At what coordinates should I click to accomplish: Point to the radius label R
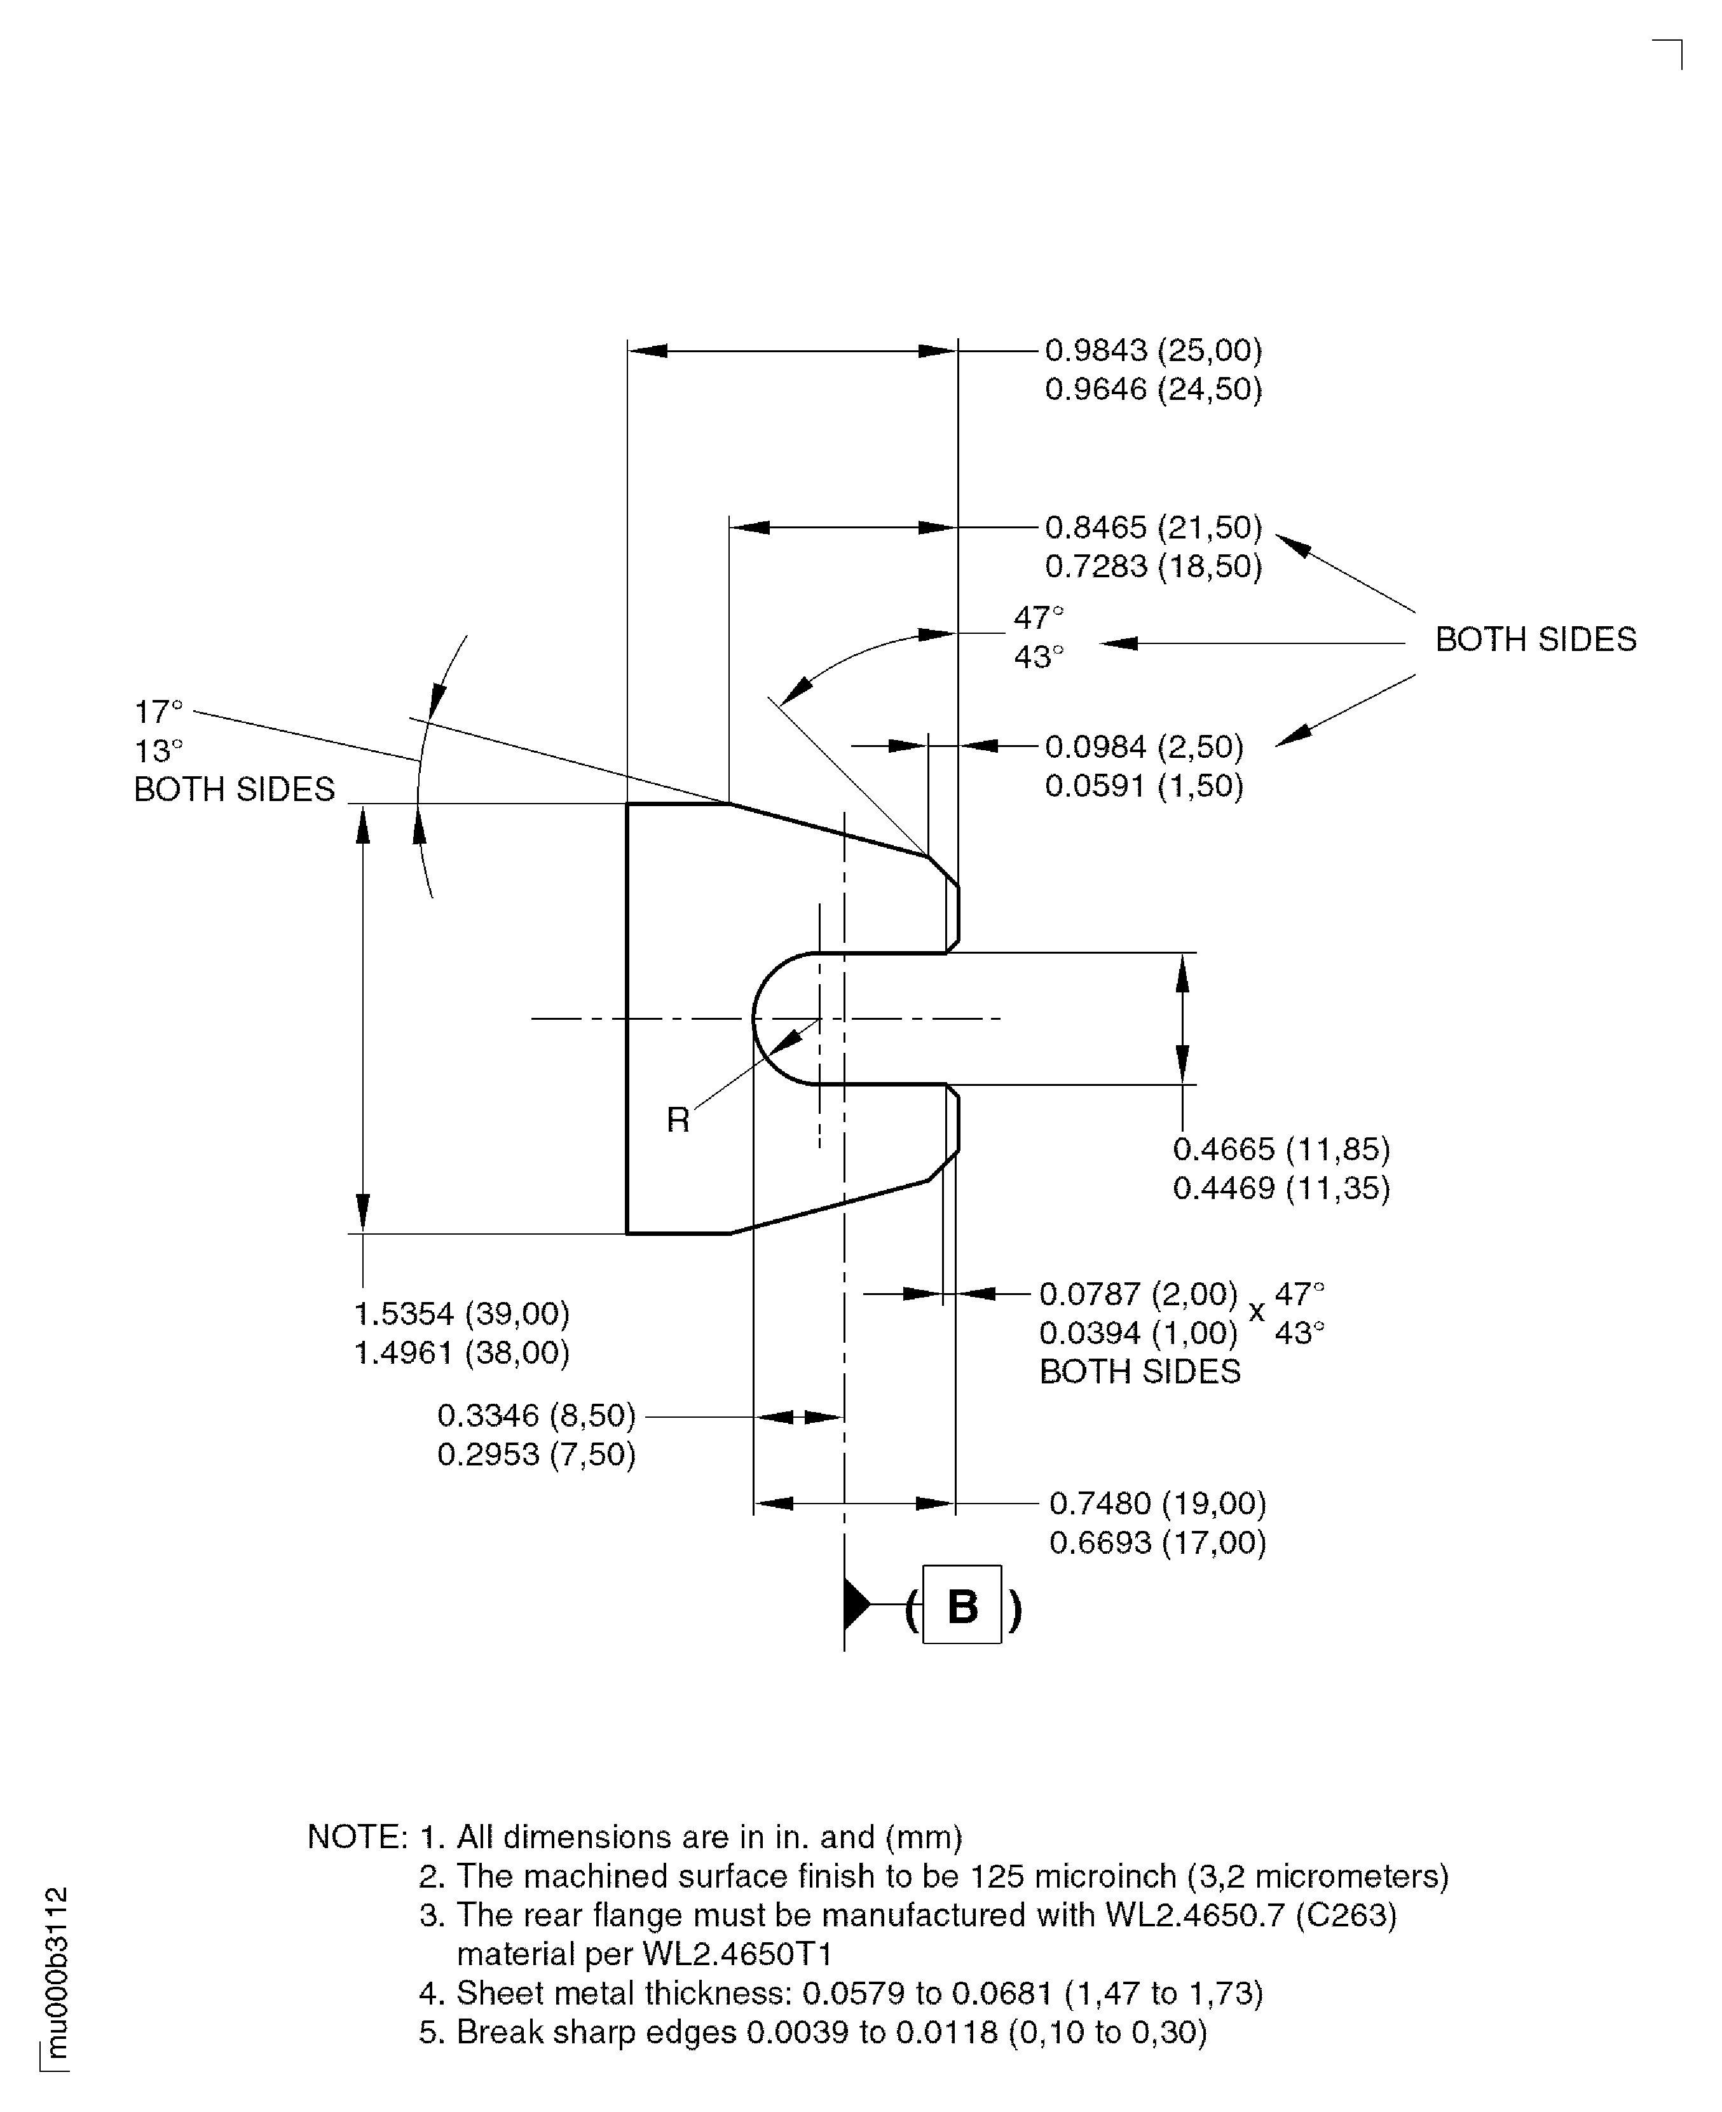(678, 1120)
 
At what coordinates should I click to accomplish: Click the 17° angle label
(159, 712)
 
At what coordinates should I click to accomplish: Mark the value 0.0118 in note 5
(946, 2033)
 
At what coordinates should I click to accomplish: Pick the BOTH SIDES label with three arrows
(1536, 640)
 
